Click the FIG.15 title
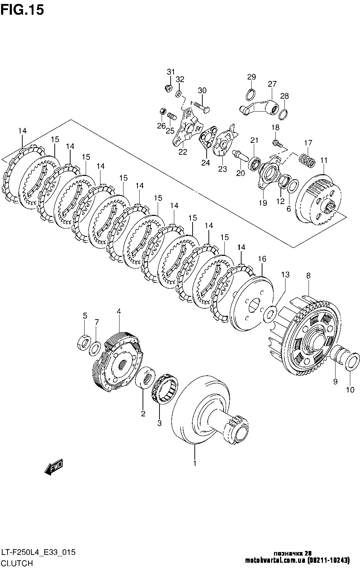(22, 10)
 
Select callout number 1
(195, 463)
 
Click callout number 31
(170, 72)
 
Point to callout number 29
(251, 77)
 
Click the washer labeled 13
(270, 313)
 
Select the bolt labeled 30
(201, 106)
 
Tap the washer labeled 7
(95, 348)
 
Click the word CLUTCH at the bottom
(17, 563)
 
